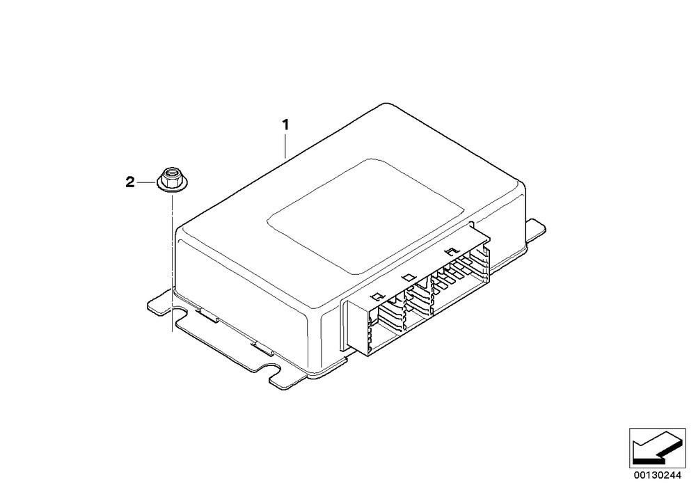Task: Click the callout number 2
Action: pyautogui.click(x=129, y=182)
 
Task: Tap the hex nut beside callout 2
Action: pyautogui.click(x=170, y=179)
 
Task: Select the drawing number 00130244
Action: pyautogui.click(x=657, y=475)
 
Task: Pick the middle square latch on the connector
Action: pyautogui.click(x=407, y=277)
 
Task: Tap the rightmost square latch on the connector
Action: pyautogui.click(x=451, y=251)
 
